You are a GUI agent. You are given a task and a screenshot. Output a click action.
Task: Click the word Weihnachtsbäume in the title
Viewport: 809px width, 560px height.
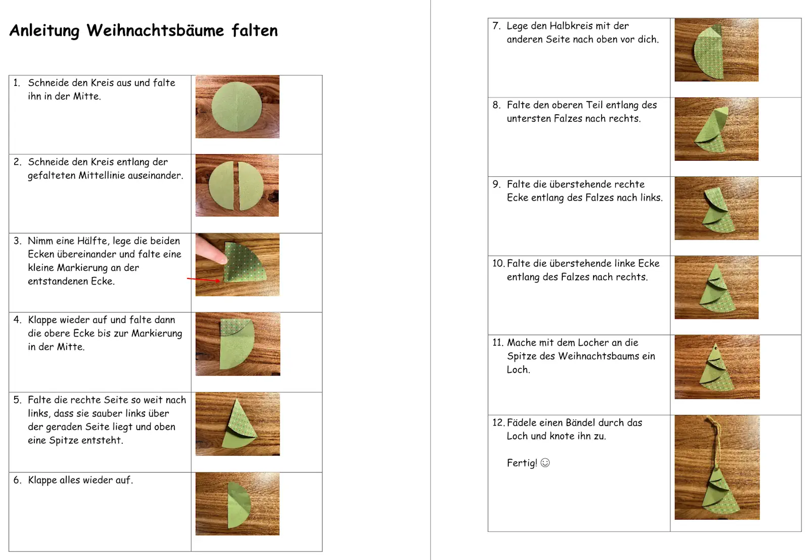point(155,31)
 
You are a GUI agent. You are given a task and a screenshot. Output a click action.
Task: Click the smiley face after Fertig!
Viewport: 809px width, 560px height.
point(545,463)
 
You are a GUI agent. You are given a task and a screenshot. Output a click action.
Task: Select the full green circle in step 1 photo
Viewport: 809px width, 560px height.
point(237,107)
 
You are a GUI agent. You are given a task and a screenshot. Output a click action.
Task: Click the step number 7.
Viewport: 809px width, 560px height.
point(496,26)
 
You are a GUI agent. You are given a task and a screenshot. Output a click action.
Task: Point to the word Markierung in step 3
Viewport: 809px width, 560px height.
point(83,268)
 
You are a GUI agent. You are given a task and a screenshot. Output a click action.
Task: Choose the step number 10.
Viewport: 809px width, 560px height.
point(498,263)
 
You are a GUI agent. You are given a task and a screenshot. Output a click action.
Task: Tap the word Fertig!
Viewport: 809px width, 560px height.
point(522,463)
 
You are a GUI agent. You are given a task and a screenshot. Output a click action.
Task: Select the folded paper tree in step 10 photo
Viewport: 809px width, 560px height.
point(717,289)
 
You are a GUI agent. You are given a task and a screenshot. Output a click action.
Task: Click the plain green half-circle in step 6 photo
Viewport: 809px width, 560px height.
point(239,504)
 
